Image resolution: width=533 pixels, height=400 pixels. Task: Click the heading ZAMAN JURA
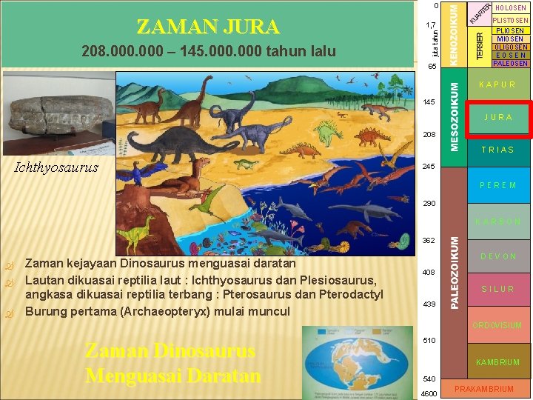(x=208, y=27)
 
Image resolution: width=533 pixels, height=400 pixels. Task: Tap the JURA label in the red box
(x=498, y=118)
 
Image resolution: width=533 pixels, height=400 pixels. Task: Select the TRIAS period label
(x=497, y=150)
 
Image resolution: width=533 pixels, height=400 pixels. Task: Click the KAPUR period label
(x=497, y=85)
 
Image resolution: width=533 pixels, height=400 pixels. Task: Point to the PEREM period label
(x=497, y=185)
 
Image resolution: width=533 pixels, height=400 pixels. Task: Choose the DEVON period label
(x=497, y=256)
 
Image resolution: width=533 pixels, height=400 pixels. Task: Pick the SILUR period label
(x=497, y=289)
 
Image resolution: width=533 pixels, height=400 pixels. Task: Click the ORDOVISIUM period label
(x=497, y=325)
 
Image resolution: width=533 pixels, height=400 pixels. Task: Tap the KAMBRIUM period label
(x=497, y=362)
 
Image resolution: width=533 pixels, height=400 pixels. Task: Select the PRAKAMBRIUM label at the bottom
(x=484, y=389)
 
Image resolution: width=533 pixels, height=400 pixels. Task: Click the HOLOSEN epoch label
(x=511, y=8)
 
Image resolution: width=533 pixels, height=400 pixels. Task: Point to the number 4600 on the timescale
(x=429, y=393)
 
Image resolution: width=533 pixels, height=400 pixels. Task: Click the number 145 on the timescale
(x=429, y=101)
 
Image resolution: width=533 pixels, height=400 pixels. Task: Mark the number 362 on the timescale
(x=429, y=240)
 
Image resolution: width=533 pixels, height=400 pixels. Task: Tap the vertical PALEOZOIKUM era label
(x=456, y=271)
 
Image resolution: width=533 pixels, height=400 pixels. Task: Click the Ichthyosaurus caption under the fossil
(x=56, y=167)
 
